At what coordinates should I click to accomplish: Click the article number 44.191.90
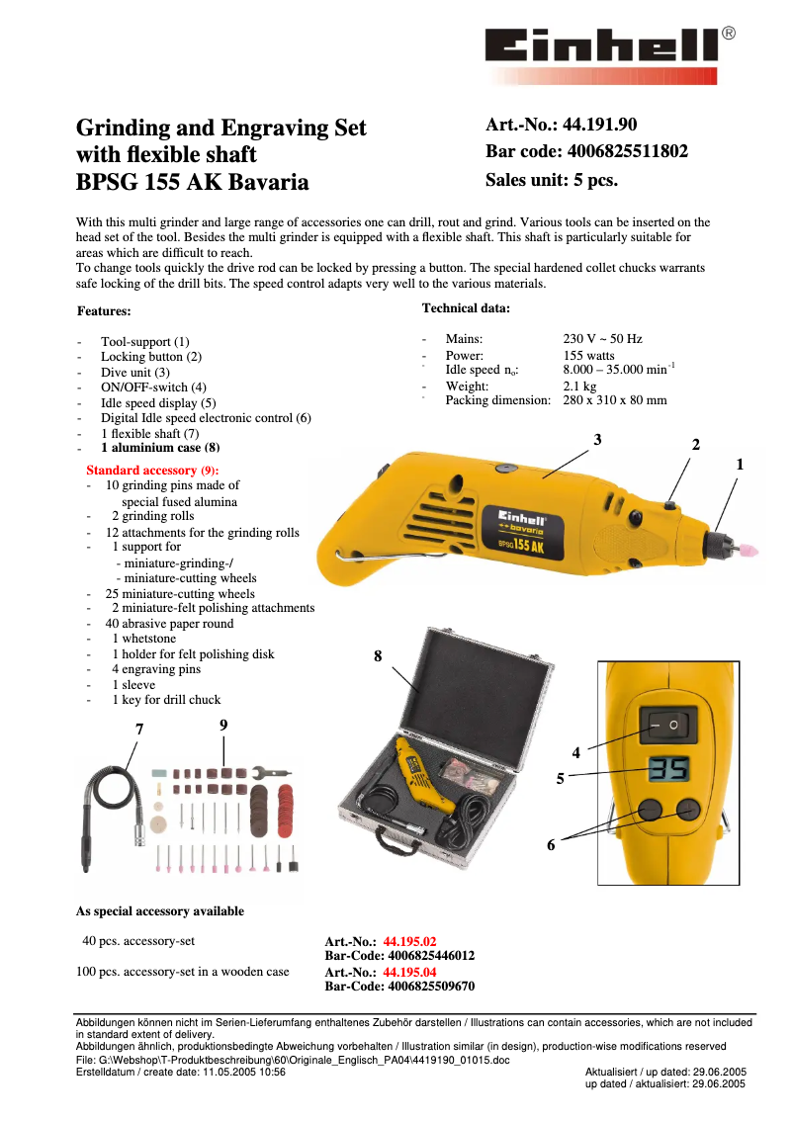(x=599, y=125)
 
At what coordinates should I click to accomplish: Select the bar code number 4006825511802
(x=627, y=151)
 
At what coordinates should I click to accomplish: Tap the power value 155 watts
(x=588, y=355)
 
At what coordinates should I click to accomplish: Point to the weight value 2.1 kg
(x=579, y=387)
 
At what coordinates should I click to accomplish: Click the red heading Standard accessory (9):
(x=152, y=471)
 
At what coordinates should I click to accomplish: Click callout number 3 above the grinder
(x=598, y=440)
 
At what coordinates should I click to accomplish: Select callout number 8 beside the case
(x=378, y=655)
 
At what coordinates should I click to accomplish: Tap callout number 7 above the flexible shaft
(x=139, y=730)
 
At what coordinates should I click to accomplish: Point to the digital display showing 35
(x=669, y=769)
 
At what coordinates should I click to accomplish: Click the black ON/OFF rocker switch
(x=667, y=725)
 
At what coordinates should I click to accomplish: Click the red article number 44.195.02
(x=409, y=941)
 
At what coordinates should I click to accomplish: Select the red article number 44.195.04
(x=409, y=973)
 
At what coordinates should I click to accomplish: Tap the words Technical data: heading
(x=466, y=308)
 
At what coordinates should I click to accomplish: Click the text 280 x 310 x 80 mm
(x=615, y=400)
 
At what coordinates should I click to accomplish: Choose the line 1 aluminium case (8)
(x=160, y=448)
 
